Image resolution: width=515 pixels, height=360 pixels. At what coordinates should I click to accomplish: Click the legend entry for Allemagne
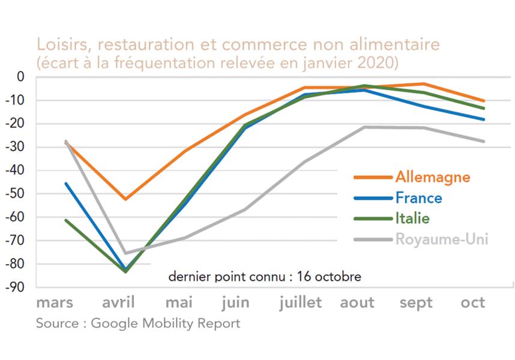point(432,177)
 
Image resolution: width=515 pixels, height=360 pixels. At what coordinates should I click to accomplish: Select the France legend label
point(418,198)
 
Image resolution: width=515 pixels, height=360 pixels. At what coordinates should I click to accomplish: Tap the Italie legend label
point(412,218)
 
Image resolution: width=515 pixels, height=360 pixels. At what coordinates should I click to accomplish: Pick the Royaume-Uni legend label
point(441,239)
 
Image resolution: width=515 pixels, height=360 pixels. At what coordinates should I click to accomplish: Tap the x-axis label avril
point(118,302)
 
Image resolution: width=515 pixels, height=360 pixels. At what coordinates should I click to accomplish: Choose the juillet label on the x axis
point(300,302)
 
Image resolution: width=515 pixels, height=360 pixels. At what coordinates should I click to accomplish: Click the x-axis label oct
point(473,302)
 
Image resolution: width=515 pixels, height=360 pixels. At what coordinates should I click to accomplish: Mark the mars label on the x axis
point(55,302)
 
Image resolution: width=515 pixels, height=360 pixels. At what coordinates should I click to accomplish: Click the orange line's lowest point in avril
point(125,199)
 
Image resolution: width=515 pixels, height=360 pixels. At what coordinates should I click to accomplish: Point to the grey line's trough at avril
point(125,253)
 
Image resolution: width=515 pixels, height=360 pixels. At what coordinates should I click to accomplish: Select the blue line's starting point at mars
point(65,183)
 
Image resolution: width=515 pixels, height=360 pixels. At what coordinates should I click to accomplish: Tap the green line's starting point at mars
point(65,220)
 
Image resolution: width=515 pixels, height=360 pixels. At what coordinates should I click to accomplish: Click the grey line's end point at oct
point(484,142)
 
